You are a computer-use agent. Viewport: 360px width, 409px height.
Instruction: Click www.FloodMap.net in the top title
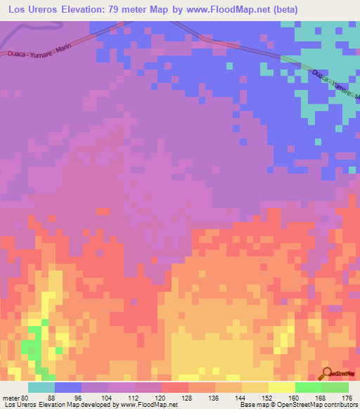point(226,10)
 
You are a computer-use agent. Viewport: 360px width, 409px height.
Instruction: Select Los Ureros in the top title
point(34,10)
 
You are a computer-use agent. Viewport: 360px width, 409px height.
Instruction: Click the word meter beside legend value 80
point(11,397)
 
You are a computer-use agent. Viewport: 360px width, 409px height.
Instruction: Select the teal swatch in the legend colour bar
point(41,387)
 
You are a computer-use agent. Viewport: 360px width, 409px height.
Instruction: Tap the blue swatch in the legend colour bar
point(68,387)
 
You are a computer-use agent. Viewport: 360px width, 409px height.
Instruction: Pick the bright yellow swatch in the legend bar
point(281,387)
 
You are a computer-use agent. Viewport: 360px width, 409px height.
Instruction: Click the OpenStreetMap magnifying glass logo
point(326,373)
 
